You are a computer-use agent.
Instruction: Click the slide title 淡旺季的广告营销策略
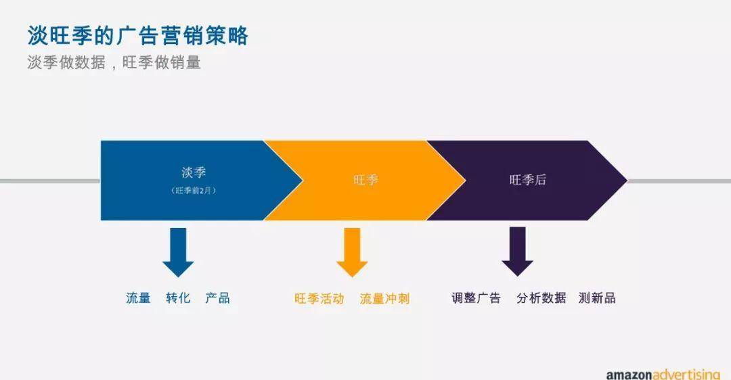[x=138, y=36]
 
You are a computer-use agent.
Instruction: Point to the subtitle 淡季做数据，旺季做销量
[x=114, y=62]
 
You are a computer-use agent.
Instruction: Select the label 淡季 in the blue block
[x=194, y=173]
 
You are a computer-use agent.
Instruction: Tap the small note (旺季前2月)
[x=194, y=191]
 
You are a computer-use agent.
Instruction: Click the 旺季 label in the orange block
[x=365, y=181]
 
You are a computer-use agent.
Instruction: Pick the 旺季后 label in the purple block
[x=528, y=180]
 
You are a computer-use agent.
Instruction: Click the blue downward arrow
[x=178, y=252]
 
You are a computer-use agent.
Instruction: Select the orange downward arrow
[x=352, y=252]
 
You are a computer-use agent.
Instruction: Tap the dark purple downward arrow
[x=518, y=252]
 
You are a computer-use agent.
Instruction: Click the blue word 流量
[x=139, y=298]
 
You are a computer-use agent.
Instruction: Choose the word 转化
[x=178, y=298]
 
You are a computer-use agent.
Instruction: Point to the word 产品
[x=218, y=298]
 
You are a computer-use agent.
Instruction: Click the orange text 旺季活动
[x=319, y=298]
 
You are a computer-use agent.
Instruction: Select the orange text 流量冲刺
[x=384, y=298]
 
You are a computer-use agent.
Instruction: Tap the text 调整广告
[x=476, y=298]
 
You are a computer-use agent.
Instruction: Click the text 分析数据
[x=541, y=298]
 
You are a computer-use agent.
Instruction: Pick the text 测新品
[x=597, y=298]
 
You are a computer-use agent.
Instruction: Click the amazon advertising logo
[x=663, y=375]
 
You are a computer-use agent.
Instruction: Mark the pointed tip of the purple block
[x=627, y=181]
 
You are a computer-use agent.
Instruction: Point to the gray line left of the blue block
[x=50, y=181]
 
